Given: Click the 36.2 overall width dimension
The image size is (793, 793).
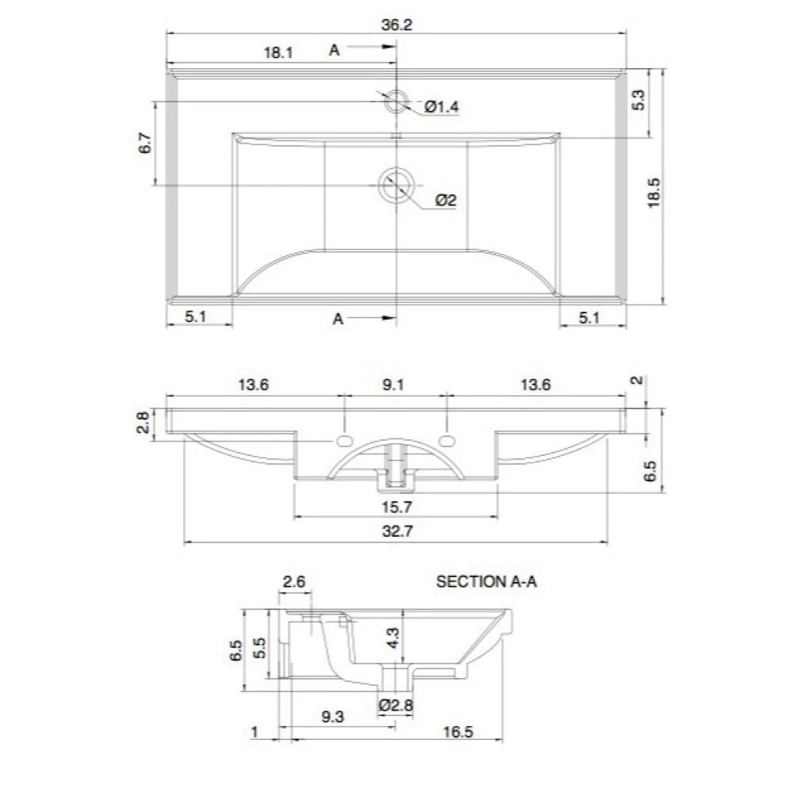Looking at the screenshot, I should tap(396, 25).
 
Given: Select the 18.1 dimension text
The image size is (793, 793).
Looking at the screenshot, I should tap(278, 53).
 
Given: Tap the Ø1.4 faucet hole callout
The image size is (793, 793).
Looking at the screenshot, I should tap(442, 107).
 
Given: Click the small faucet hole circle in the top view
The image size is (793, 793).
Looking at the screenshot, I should tap(396, 102).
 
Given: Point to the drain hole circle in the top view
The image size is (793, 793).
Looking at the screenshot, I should tap(394, 186).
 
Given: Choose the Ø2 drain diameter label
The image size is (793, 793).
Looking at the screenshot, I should tap(446, 201).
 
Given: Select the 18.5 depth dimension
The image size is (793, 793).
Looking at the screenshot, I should tap(654, 192).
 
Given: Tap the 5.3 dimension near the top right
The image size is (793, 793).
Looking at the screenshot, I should tap(641, 101).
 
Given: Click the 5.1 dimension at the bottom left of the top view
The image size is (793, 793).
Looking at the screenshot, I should tap(196, 317).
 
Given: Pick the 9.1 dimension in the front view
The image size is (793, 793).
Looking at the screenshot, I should tap(393, 385).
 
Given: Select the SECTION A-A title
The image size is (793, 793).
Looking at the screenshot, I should tap(487, 582).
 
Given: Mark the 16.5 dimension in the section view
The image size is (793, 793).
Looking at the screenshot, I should tap(458, 733).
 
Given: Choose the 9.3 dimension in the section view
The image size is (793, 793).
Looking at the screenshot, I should tap(333, 717).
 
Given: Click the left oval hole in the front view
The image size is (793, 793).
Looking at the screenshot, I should tap(345, 440).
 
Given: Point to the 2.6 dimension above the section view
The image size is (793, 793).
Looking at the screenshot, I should tap(294, 582).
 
